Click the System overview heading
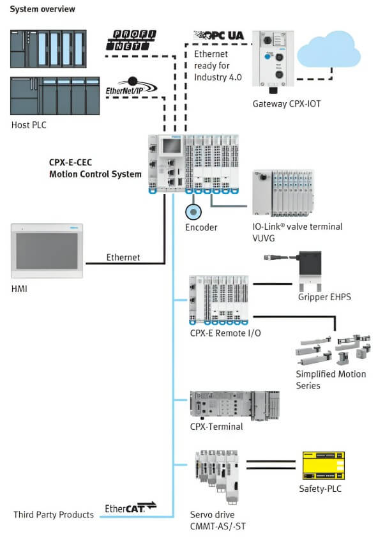coord(42,9)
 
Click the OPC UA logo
coord(218,36)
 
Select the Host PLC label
coord(29,125)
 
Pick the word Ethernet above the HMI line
coord(123,257)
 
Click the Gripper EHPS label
coord(325,297)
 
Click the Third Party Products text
coord(54,515)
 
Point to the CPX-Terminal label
coord(216,427)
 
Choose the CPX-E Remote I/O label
coord(225,332)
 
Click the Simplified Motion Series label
coord(331,379)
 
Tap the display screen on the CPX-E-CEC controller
coord(170,147)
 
